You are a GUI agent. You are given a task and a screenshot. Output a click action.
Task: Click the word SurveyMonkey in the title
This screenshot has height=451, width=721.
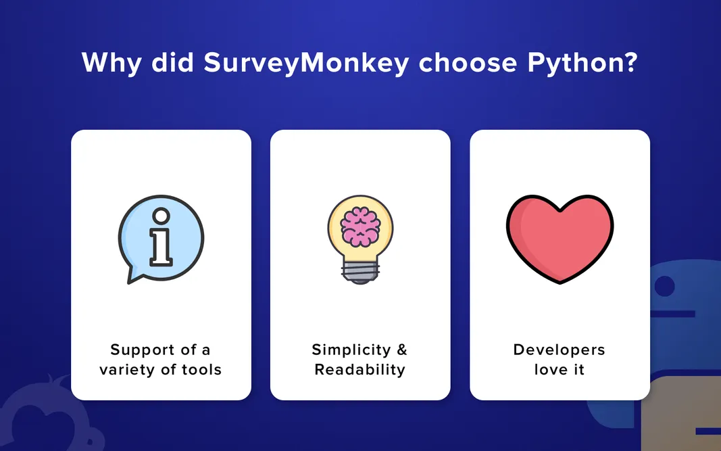coord(306,63)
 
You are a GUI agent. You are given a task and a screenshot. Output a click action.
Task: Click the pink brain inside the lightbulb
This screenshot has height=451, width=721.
coord(360,226)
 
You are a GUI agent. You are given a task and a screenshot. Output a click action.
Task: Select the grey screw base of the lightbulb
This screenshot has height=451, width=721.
coord(360,272)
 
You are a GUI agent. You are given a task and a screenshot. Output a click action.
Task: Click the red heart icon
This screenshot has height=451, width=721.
coord(560,237)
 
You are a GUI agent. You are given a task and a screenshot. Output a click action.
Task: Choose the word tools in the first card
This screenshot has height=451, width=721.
coord(199,370)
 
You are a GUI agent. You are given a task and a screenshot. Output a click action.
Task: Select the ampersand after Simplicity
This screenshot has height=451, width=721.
coord(402,350)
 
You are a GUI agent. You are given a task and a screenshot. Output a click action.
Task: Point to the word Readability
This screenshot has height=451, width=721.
coord(360,370)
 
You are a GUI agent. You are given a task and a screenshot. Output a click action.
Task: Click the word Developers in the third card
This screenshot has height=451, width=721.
coord(560,350)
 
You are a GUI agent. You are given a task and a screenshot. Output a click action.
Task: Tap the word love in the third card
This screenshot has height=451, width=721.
coord(548,370)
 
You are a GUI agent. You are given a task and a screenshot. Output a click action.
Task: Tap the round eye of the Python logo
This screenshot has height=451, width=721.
coord(665,287)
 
